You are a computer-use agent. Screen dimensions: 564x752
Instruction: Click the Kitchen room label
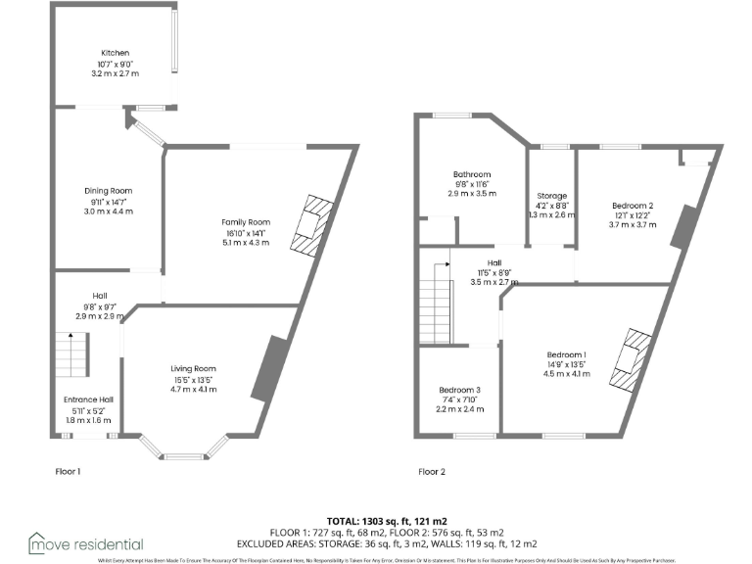[x=116, y=53]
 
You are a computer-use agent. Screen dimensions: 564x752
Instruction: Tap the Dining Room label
[x=108, y=191]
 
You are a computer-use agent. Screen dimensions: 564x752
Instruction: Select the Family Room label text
[x=245, y=222]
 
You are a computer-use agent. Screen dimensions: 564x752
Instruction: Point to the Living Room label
[x=193, y=368]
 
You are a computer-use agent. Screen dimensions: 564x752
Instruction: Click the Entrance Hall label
[x=89, y=399]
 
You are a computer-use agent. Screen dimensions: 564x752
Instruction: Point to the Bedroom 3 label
[x=459, y=390]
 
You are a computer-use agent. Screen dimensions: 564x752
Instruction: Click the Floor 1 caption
[x=69, y=471]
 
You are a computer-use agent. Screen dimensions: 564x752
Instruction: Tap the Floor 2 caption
[x=432, y=471]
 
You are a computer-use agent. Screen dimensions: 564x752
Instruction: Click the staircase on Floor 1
[x=71, y=353]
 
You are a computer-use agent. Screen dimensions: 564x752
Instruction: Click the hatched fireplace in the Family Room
[x=314, y=225]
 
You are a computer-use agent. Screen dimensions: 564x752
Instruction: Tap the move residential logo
[x=86, y=543]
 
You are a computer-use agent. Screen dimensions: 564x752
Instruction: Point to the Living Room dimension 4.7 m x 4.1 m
[x=193, y=389]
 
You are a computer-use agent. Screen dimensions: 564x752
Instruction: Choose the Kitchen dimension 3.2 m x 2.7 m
[x=116, y=74]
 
